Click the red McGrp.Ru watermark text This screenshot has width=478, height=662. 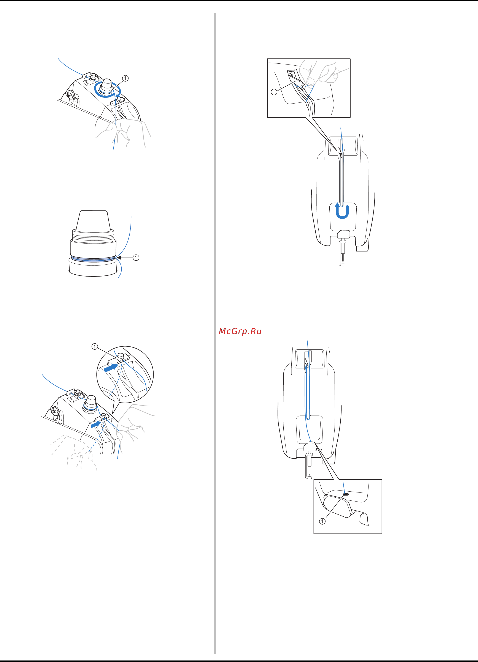tap(240, 331)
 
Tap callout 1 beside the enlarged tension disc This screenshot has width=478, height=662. tap(136, 258)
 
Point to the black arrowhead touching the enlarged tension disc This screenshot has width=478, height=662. tap(119, 258)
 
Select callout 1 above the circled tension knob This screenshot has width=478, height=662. tap(125, 78)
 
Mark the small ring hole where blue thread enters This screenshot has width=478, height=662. tap(346, 494)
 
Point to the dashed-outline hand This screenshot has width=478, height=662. tap(75, 452)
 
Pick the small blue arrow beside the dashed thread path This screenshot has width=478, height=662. tap(95, 426)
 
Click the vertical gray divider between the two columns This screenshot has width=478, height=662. tap(215, 333)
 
